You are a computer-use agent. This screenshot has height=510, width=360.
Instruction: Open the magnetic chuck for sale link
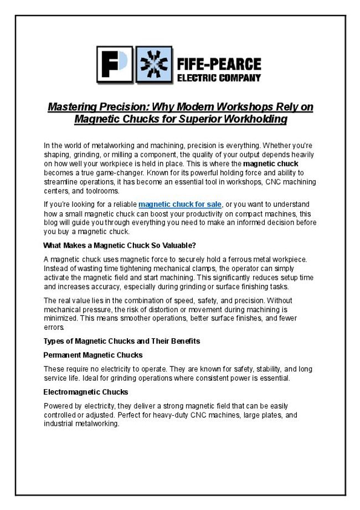click(180, 205)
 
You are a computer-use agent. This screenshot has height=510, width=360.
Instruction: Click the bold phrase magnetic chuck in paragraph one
click(271, 164)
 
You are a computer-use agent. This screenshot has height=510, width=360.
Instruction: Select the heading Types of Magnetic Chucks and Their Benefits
click(121, 341)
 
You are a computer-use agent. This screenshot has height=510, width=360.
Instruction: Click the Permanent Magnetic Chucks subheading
click(92, 355)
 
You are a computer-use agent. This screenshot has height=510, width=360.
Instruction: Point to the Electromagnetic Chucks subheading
click(85, 392)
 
